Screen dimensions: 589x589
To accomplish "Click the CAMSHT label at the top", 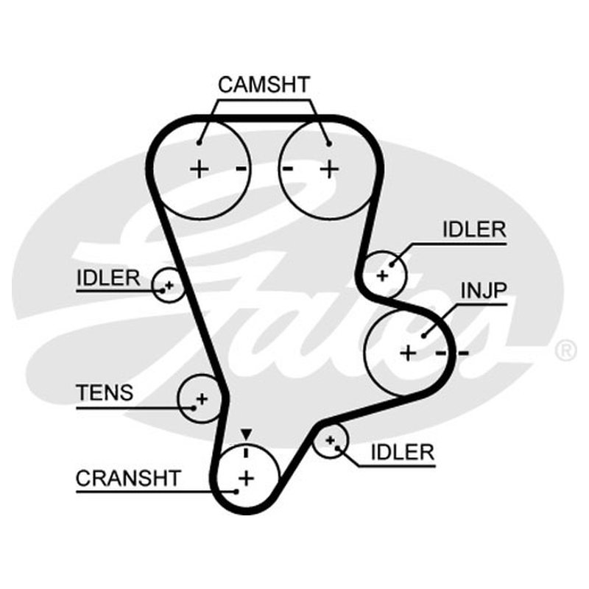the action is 264,85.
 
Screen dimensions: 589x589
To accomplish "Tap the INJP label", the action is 484,290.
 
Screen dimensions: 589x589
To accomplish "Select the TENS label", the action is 105,392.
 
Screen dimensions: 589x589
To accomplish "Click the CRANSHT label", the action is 128,478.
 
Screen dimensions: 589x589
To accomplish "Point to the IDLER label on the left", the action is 108,278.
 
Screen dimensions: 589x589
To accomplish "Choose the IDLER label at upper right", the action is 474,229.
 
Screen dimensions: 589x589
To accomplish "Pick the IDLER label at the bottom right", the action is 402,452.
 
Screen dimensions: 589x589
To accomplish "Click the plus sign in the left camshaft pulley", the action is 199,169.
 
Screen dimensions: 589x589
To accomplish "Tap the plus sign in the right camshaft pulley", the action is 329,169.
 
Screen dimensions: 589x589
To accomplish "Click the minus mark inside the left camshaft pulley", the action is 241,169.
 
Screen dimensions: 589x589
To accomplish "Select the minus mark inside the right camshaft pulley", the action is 288,169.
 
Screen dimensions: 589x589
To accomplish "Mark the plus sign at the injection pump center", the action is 409,353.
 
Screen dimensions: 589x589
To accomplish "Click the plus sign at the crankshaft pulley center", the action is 246,479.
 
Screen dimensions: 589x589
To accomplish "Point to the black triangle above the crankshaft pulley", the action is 246,434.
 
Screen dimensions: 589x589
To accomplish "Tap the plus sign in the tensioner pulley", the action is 202,398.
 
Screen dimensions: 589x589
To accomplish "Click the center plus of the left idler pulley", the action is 169,286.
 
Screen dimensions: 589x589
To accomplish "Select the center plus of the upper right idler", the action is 382,276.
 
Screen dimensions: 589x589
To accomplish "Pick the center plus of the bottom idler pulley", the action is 330,440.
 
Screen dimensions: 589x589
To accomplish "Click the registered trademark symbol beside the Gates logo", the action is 565,350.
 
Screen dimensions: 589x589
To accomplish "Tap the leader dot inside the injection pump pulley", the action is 424,336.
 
